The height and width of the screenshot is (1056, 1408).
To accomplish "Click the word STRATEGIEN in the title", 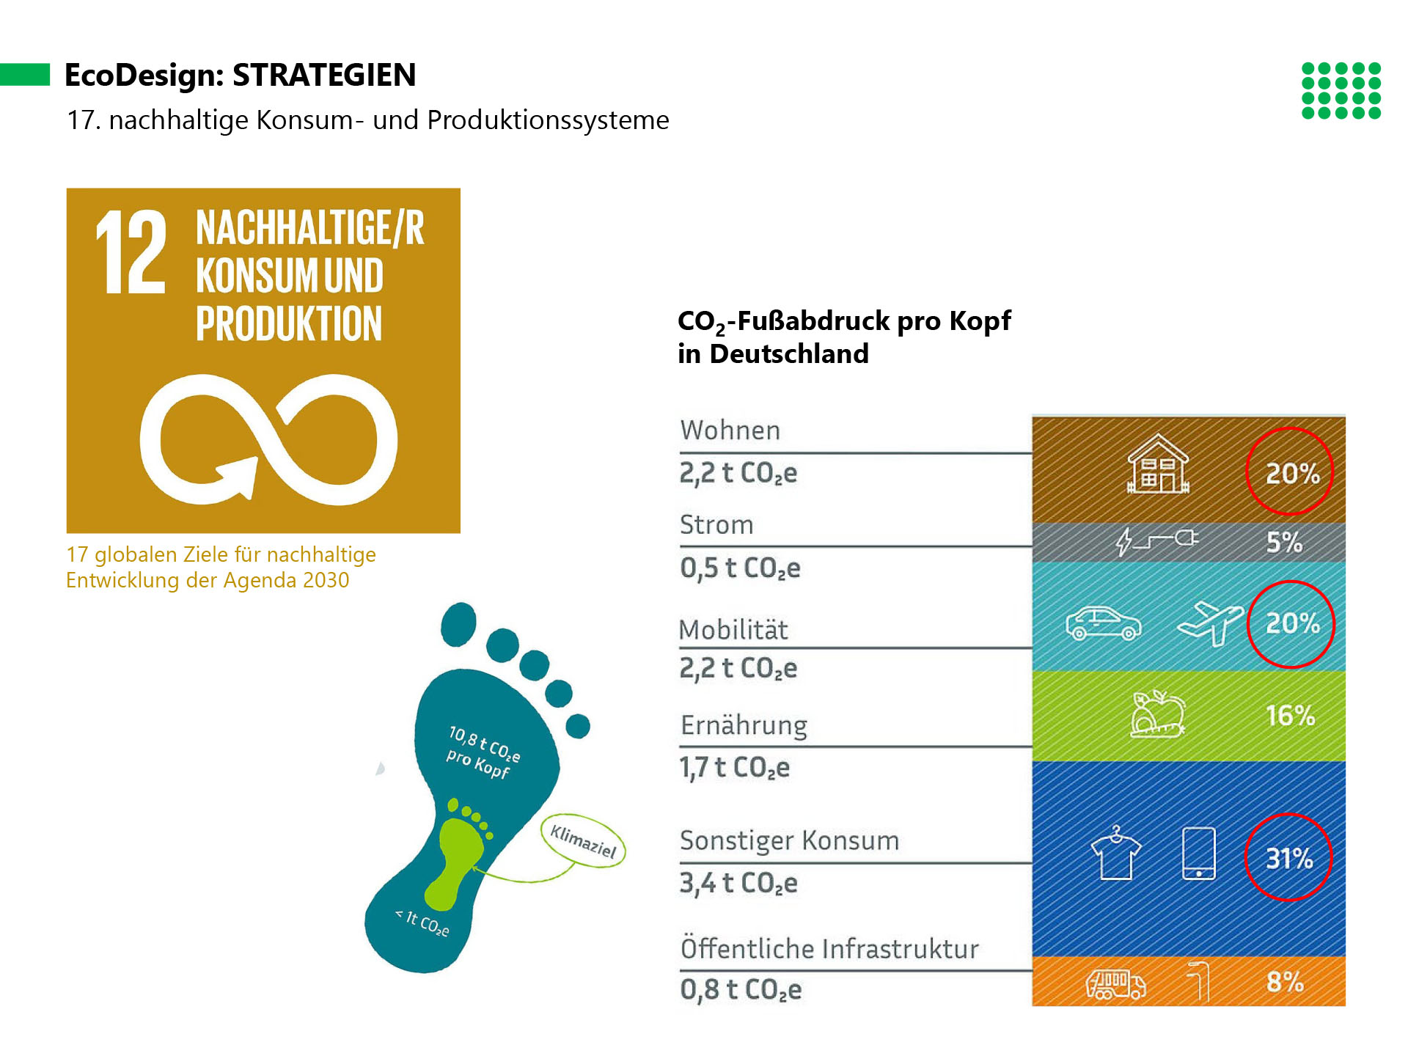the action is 324,75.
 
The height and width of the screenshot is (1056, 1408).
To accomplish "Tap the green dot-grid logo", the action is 1341,90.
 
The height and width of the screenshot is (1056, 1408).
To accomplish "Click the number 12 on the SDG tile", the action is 131,252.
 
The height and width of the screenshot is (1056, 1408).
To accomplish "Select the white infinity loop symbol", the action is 268,439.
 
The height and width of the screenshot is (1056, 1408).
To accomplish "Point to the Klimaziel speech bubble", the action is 584,840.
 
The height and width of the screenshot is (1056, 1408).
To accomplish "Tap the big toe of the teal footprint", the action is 458,624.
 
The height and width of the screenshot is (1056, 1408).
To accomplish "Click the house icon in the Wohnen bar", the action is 1158,463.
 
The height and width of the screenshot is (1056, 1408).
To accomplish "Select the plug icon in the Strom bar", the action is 1157,541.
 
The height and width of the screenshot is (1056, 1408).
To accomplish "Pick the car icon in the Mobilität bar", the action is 1103,623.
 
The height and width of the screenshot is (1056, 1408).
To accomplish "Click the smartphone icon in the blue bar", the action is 1199,853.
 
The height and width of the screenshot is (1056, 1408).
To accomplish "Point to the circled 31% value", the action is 1288,857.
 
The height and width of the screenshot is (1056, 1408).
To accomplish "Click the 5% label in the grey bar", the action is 1285,543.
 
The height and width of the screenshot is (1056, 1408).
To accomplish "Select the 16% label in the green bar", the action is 1291,716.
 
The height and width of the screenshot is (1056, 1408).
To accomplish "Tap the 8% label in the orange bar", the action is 1285,982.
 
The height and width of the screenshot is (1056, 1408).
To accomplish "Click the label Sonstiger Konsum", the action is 789,840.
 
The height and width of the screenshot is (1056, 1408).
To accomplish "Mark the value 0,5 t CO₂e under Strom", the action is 740,568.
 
